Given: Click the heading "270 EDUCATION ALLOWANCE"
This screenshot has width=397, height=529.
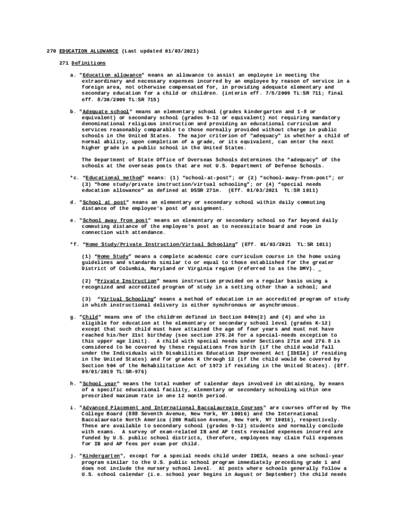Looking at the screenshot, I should click(x=82, y=51).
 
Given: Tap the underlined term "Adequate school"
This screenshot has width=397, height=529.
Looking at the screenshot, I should click(x=106, y=112).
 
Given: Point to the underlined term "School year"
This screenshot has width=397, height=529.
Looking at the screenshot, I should click(x=101, y=384).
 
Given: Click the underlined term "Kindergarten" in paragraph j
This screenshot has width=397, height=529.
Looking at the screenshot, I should click(x=102, y=457).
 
